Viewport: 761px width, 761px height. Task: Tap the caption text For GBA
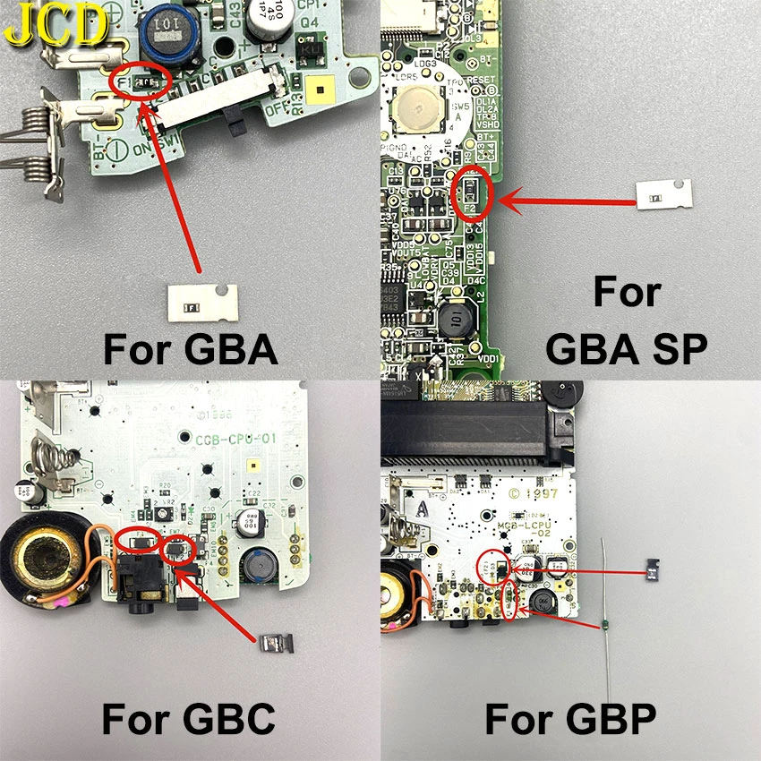click(x=191, y=348)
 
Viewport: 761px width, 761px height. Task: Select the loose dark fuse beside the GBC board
click(x=273, y=643)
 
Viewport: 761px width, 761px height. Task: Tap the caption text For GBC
click(x=188, y=718)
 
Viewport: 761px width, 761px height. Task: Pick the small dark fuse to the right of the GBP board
click(x=655, y=566)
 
